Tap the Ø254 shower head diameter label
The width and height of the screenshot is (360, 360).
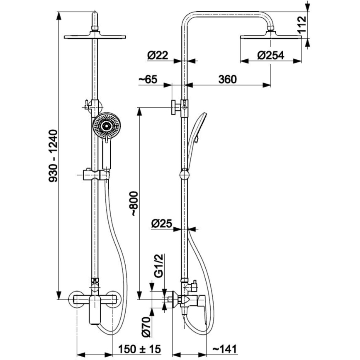pyautogui.click(x=270, y=55)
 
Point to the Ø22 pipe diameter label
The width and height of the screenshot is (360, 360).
pyautogui.click(x=159, y=55)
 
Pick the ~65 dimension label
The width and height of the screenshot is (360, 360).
pyautogui.click(x=150, y=79)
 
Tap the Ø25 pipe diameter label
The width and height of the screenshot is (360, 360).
pyautogui.click(x=161, y=224)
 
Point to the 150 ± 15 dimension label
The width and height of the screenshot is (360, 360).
pyautogui.click(x=139, y=349)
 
